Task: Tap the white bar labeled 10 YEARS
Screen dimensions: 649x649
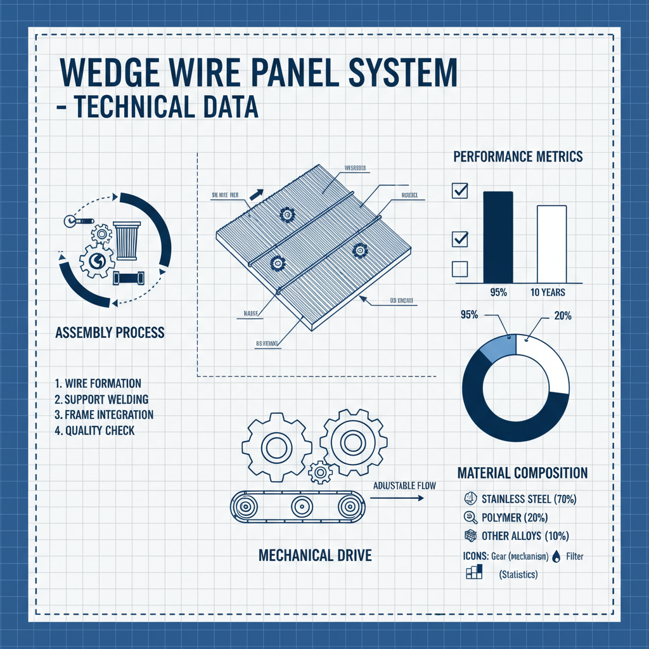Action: (551, 243)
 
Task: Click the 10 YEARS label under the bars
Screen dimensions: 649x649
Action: (548, 293)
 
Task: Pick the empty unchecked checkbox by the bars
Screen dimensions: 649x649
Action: (459, 269)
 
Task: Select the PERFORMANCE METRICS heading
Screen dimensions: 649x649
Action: (518, 157)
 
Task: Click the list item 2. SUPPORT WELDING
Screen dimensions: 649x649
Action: (101, 399)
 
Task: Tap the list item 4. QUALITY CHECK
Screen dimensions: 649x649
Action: (94, 430)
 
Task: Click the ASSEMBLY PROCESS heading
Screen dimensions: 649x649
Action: (110, 332)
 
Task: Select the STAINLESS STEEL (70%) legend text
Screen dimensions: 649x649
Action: (529, 499)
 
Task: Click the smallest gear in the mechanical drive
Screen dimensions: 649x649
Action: (320, 472)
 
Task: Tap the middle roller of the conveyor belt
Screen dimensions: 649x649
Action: (300, 506)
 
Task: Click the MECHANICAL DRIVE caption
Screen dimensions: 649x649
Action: (315, 555)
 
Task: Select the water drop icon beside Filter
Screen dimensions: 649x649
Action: (556, 556)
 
